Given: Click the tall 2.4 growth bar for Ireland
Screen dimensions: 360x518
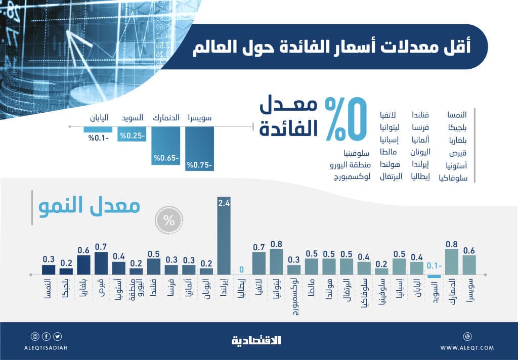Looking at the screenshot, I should [x=224, y=240].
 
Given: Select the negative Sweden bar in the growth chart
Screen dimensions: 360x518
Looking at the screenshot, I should [x=434, y=276].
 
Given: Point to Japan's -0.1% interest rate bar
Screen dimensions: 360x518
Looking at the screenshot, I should [x=98, y=130].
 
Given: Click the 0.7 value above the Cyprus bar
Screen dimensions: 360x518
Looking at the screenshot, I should [x=101, y=247].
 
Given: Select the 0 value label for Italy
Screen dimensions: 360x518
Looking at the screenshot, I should [x=241, y=269].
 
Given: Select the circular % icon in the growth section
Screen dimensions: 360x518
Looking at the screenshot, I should [x=169, y=220].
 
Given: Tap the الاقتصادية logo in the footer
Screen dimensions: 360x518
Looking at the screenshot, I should [x=258, y=340].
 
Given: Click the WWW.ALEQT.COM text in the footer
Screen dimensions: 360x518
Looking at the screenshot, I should [x=467, y=347].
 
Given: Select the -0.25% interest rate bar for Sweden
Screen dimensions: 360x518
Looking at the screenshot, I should [x=132, y=134].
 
